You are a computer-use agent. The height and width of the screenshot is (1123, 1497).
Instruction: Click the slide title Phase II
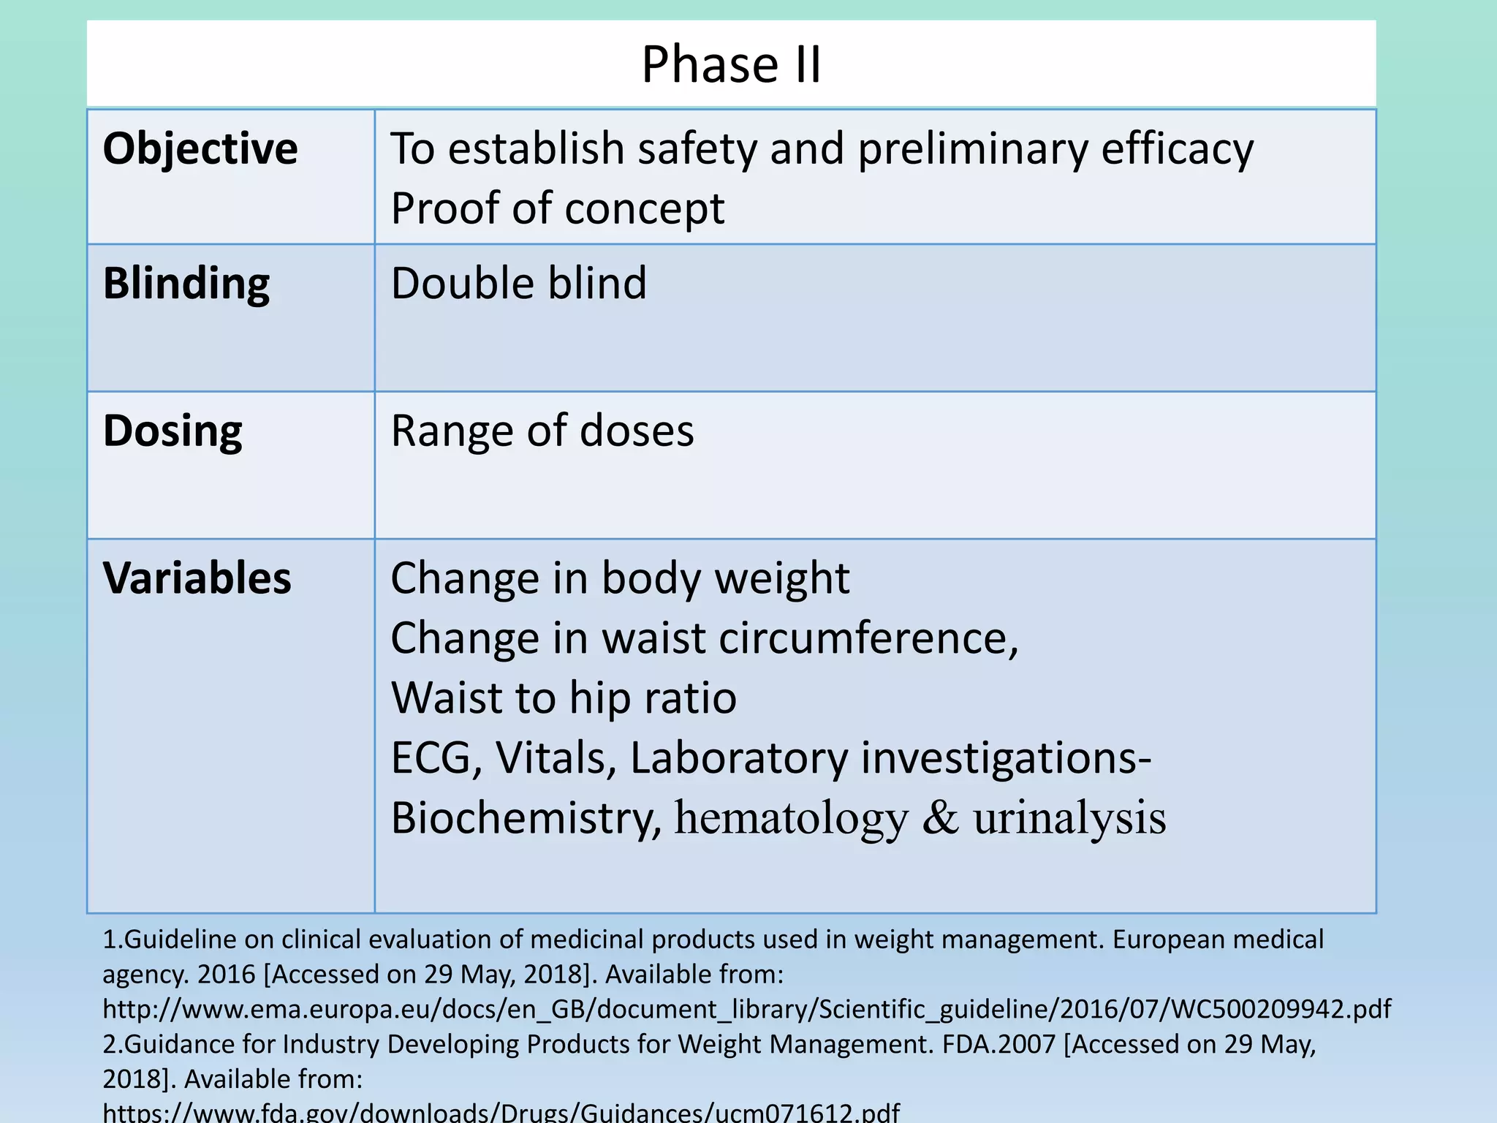point(731,64)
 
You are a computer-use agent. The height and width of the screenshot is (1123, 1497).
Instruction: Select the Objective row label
point(200,148)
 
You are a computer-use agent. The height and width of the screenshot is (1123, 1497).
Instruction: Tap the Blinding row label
point(186,283)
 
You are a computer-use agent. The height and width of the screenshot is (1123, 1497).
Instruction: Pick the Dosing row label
point(173,431)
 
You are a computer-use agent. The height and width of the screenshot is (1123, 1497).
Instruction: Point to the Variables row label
point(197,578)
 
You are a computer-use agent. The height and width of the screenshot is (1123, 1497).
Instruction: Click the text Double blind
point(519,283)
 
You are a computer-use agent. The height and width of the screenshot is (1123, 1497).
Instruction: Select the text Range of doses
point(542,431)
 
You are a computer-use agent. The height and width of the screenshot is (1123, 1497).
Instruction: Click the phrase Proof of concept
point(558,208)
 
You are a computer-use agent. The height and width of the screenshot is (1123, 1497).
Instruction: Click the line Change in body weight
point(620,578)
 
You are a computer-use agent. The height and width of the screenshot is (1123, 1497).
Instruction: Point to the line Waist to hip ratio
point(564,697)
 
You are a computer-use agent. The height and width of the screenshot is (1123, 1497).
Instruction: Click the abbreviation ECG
point(431,757)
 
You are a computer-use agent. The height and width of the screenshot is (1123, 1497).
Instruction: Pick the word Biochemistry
point(525,817)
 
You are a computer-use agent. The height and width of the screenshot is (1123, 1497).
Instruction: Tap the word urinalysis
point(1069,817)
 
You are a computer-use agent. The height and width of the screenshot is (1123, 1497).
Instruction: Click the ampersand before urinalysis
point(940,817)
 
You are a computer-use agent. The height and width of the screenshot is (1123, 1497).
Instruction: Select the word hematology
point(791,817)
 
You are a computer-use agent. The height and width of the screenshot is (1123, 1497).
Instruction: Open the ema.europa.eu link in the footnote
point(746,1009)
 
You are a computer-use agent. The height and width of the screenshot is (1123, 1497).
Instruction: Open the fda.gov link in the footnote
point(501,1112)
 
